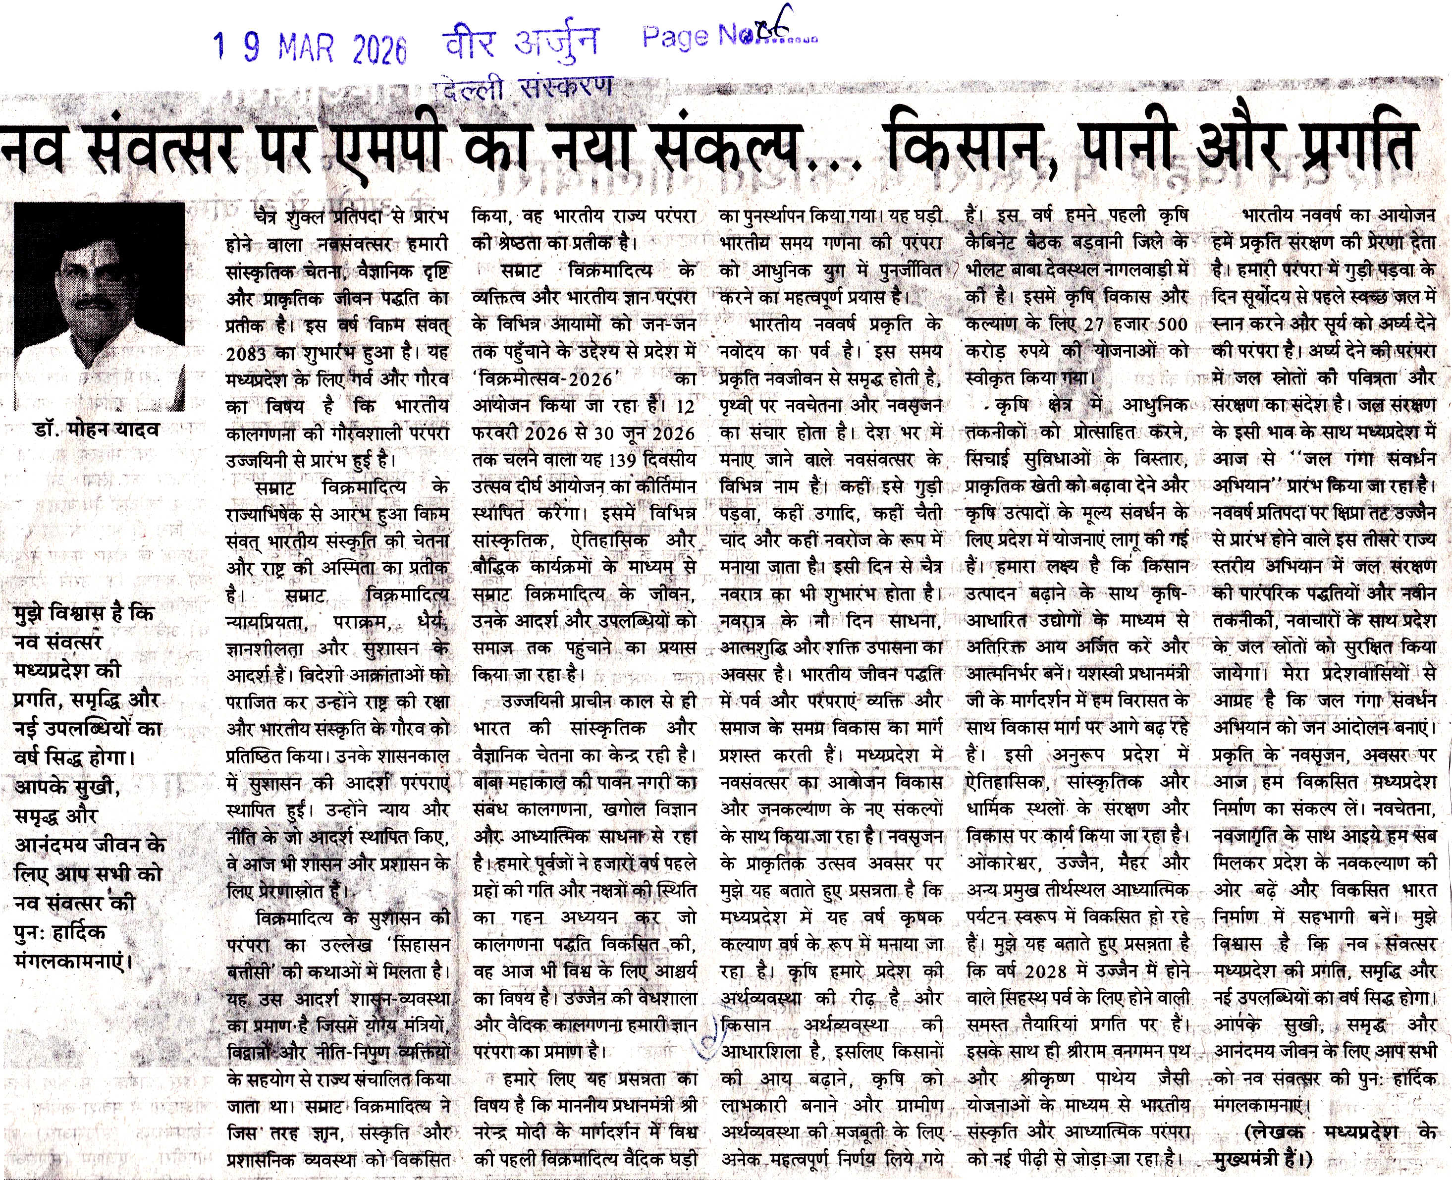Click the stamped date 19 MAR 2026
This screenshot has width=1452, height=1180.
coord(309,48)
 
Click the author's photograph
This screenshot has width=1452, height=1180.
coord(99,306)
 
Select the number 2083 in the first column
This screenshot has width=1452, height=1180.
coord(247,354)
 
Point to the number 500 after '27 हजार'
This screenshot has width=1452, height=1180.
coord(1172,325)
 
